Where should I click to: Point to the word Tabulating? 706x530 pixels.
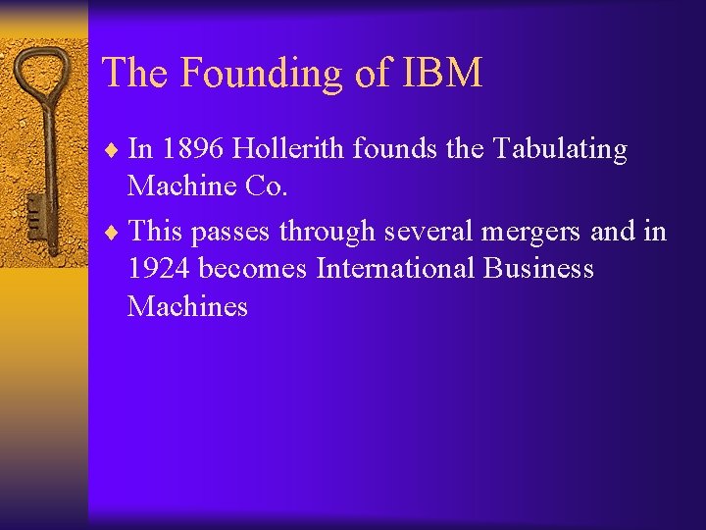(560, 149)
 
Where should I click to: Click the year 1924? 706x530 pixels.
(159, 269)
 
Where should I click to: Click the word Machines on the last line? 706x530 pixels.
(187, 306)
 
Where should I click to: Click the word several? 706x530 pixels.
(430, 232)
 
